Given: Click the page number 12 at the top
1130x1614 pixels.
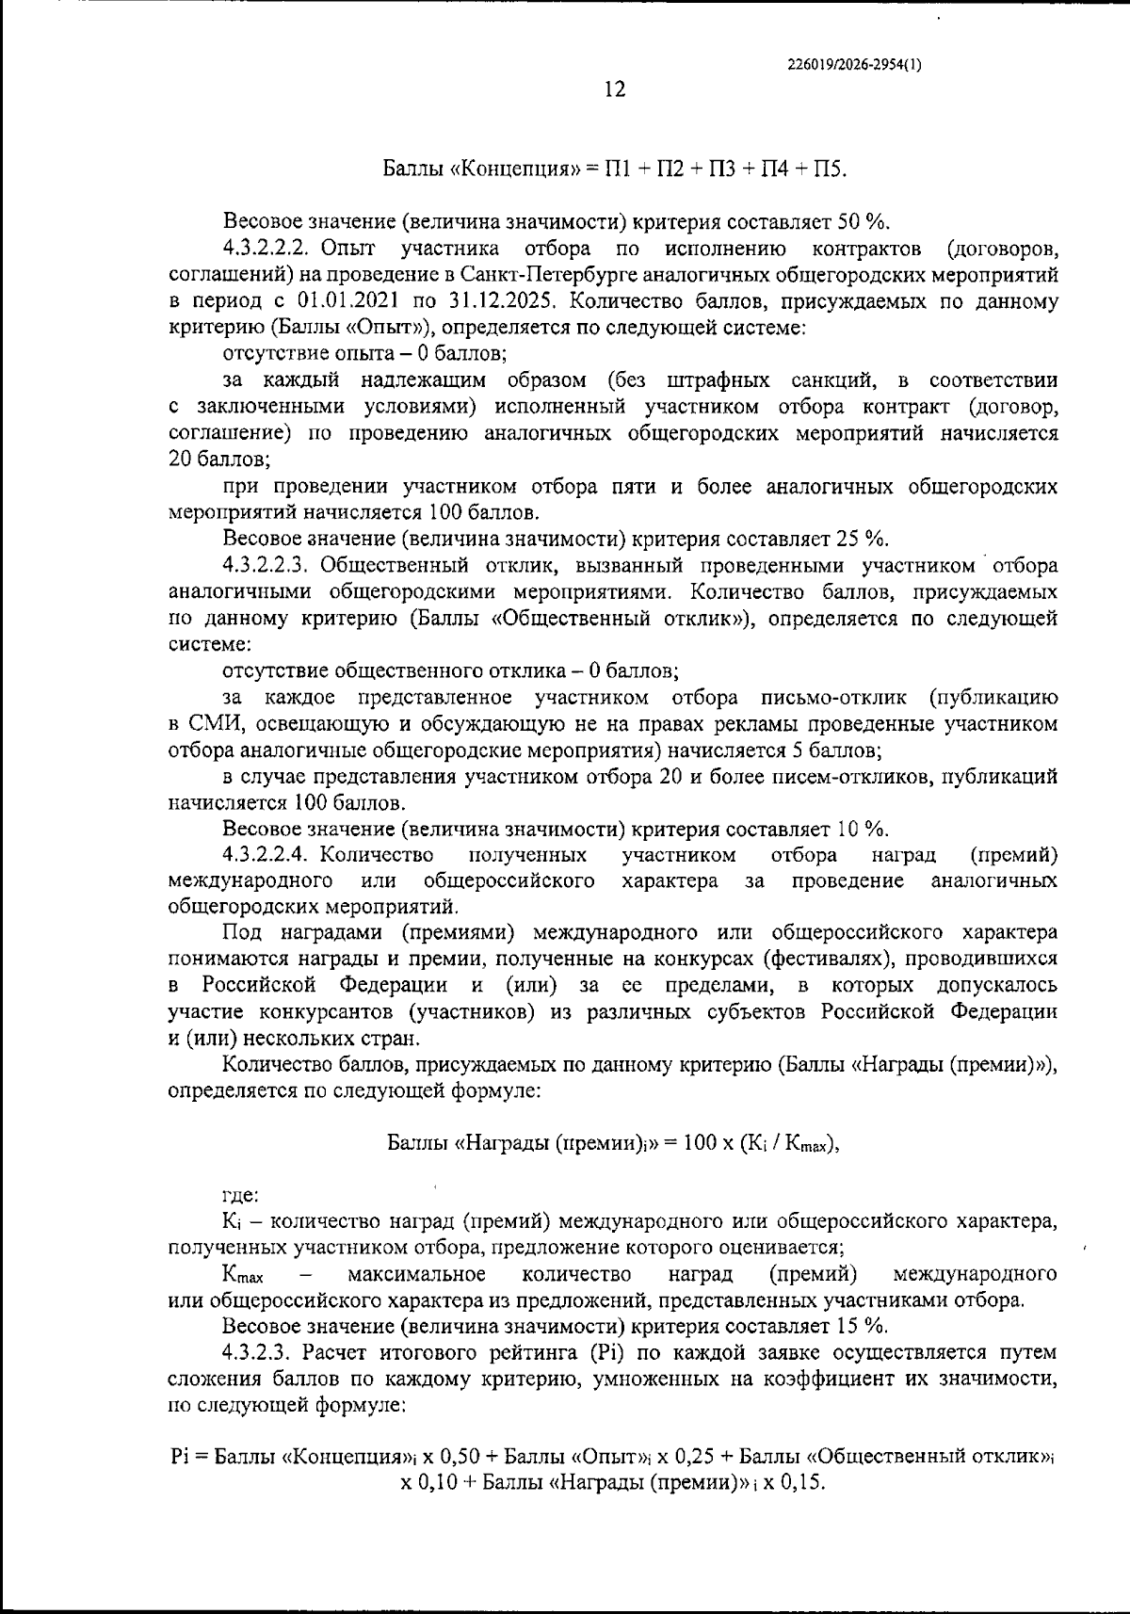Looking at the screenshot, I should [614, 90].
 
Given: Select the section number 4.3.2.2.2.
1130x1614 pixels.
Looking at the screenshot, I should [267, 250].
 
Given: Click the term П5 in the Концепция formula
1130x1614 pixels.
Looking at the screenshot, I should [831, 169].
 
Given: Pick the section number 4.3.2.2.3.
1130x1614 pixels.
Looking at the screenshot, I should [267, 566].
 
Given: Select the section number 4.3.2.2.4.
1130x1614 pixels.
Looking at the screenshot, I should [267, 856].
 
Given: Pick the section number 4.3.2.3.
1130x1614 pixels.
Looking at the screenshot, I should [259, 1353].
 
